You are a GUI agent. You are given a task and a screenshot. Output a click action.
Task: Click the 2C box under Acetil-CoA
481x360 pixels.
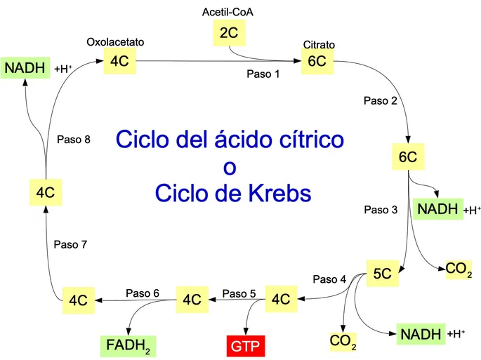[230, 33]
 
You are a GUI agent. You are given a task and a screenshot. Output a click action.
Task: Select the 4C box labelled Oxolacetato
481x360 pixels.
[119, 61]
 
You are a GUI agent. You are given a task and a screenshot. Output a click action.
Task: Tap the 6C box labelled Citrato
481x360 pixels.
[317, 61]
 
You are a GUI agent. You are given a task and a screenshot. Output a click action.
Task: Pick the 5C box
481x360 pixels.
[383, 273]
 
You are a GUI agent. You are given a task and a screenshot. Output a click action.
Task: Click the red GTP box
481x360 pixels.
[245, 346]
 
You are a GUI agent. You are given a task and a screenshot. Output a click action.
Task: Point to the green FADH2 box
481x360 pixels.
[129, 346]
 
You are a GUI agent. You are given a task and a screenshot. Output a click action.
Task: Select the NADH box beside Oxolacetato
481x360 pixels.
[25, 68]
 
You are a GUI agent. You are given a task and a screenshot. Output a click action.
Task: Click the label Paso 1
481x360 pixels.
[263, 74]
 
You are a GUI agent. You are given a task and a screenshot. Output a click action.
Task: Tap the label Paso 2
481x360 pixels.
[381, 100]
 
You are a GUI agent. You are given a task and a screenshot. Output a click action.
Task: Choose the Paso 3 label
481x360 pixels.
[381, 210]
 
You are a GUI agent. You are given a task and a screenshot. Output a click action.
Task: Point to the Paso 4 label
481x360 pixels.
[329, 279]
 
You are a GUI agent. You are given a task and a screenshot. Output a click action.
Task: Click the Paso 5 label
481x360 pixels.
[239, 293]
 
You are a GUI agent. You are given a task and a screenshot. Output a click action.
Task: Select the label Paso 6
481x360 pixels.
[143, 293]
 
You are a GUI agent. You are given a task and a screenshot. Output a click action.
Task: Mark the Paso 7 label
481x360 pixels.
[70, 244]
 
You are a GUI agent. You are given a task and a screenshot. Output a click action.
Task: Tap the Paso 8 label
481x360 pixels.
[74, 140]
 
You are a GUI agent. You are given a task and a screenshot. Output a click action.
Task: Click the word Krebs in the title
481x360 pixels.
[279, 193]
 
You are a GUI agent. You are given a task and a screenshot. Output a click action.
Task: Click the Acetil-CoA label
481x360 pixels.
[228, 12]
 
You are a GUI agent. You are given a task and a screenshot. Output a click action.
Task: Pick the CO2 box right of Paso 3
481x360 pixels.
[459, 269]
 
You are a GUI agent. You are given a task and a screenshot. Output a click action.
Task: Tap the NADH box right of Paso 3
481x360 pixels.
[437, 209]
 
